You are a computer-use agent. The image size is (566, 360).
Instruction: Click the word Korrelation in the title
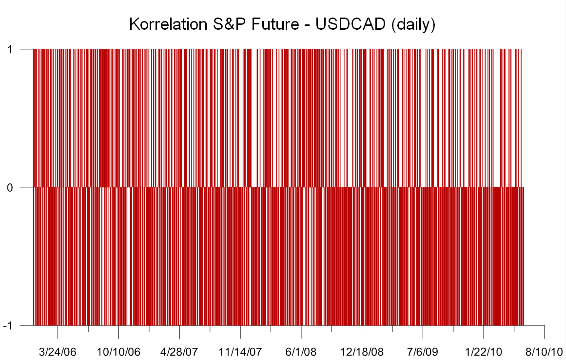point(168,24)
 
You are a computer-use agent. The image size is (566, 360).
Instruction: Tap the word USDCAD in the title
point(350,24)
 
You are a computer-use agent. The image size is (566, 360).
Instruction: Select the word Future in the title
point(275,24)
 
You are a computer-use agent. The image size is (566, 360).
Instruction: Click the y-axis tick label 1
point(10,49)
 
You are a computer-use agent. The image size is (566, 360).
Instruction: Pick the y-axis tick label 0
point(10,187)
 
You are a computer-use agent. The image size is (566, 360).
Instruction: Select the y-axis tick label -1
point(8,326)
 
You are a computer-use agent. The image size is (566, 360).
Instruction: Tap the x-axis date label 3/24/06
point(58,352)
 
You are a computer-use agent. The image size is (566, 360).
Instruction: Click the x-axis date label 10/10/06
point(118,352)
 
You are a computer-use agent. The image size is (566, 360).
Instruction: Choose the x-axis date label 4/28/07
point(179,352)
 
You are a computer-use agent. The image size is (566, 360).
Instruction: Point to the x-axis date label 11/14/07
point(240,352)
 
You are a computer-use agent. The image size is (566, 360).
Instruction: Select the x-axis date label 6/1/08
point(301,352)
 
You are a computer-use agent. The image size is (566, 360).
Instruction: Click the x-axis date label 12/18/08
point(362,352)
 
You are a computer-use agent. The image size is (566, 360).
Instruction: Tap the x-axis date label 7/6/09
point(423,352)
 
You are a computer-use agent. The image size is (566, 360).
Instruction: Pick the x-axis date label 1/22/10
point(483,352)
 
